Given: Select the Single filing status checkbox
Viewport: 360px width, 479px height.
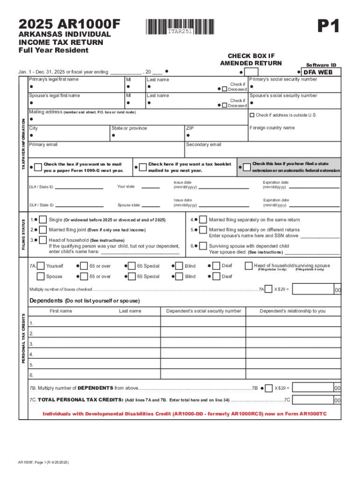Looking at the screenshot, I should click(43, 220).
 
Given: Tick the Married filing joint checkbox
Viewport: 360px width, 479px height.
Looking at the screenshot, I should click(43, 230).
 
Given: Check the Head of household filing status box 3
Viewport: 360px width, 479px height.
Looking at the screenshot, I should click(43, 240).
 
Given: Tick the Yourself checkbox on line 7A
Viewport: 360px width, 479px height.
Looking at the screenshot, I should click(41, 266).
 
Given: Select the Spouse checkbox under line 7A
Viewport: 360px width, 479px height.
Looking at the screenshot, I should click(41, 276).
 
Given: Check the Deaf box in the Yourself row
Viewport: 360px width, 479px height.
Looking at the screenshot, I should click(216, 266).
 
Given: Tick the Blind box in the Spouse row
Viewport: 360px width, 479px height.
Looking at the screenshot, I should click(178, 276).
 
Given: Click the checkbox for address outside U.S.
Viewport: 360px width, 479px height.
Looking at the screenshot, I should click(252, 115).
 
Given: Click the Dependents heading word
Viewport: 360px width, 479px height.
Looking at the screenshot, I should click(46, 300).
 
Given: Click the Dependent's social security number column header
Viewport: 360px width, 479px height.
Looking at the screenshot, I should click(204, 311).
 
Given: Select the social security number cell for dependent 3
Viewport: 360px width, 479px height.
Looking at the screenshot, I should click(204, 344).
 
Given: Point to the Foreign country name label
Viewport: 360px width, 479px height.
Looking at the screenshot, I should click(272, 128).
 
